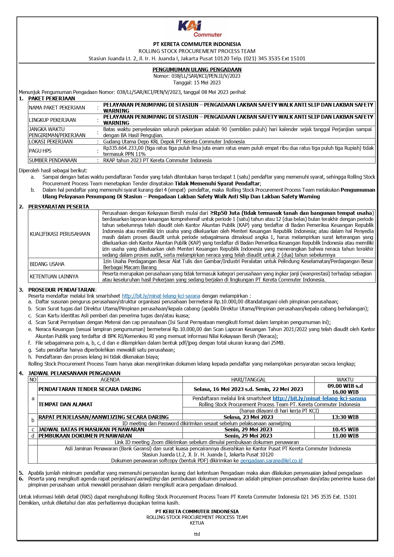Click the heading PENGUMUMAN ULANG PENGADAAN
tap(197, 70)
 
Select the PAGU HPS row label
tap(40, 151)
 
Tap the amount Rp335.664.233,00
tap(124, 148)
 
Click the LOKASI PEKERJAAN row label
tap(51, 142)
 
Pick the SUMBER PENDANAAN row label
tap(53, 161)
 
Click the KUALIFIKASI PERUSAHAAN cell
tap(60, 234)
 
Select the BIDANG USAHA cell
tap(47, 264)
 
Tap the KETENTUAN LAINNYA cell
tap(54, 276)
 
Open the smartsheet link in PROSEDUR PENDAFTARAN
tap(161, 296)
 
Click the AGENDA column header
tap(110, 380)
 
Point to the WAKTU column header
tap(345, 380)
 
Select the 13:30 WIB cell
tap(345, 417)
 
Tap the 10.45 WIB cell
tap(345, 429)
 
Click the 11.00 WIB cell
tap(345, 436)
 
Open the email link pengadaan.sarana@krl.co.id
tap(271, 461)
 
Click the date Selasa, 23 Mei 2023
tap(248, 417)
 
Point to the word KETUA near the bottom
tap(197, 523)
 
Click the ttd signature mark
tap(197, 534)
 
